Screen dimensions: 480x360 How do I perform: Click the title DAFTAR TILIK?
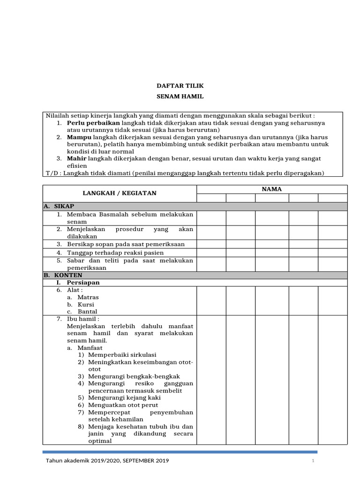pos(180,86)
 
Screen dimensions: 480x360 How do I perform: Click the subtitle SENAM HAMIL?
pos(180,97)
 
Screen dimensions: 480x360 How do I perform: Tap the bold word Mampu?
pos(79,137)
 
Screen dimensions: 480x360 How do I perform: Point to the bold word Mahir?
pos(77,159)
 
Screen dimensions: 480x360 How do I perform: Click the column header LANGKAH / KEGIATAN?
pos(120,193)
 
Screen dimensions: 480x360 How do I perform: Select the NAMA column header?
pos(272,189)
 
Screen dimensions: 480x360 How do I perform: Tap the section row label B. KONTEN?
pos(63,275)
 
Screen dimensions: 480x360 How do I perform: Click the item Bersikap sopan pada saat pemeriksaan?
pos(126,244)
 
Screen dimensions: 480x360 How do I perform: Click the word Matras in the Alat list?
pos(88,297)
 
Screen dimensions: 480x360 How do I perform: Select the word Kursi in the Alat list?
pos(86,305)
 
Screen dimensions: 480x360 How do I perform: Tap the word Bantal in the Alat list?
pos(87,312)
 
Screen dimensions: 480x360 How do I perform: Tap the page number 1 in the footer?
pos(313,461)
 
